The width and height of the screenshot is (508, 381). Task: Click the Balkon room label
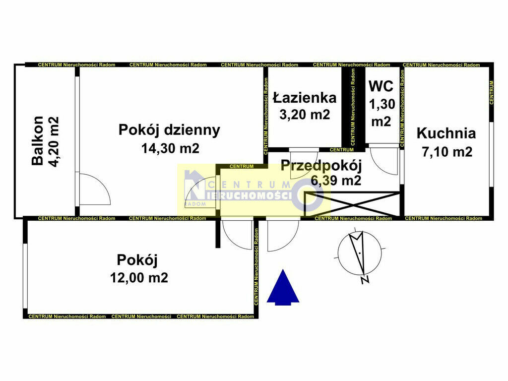37,141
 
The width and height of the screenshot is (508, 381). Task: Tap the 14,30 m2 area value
171,148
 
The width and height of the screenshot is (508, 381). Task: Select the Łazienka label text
305,98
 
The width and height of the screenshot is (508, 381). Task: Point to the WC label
381,86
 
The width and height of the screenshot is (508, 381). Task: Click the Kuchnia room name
446,133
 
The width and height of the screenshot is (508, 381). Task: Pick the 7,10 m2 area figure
447,152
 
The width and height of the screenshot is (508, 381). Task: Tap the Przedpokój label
321,166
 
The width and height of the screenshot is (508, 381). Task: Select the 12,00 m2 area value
139,278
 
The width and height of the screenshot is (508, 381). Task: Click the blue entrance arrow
283,287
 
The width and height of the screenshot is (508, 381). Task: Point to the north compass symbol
360,254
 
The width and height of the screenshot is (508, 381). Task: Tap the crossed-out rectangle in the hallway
352,204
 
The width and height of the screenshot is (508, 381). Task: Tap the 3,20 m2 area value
305,115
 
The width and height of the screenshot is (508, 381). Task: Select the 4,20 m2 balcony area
54,141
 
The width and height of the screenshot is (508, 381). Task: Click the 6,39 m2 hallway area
336,180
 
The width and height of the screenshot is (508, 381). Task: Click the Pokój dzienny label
169,130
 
